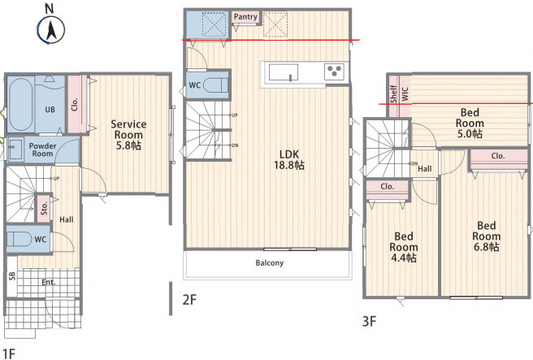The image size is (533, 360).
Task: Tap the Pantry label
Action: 245,16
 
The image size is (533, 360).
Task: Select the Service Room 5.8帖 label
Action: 128,135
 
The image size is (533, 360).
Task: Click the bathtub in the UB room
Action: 21,104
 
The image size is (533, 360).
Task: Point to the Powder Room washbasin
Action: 15,149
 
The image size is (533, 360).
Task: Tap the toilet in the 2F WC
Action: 215,85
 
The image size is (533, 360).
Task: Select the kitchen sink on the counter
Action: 283,73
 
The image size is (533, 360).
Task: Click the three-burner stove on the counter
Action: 334,72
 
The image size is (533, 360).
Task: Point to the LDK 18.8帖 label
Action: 289,160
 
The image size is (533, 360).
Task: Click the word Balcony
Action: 270,262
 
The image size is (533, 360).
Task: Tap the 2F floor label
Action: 189,300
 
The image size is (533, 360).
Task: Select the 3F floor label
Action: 369,320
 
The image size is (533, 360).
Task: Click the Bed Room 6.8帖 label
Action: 487,236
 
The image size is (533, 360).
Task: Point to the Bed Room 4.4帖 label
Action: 404,247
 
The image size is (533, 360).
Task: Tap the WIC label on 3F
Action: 405,94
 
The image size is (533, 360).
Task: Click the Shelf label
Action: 393,93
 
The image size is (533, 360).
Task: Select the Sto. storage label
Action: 44,208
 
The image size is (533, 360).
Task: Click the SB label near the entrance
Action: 12,276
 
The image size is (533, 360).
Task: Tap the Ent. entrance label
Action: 49,282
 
